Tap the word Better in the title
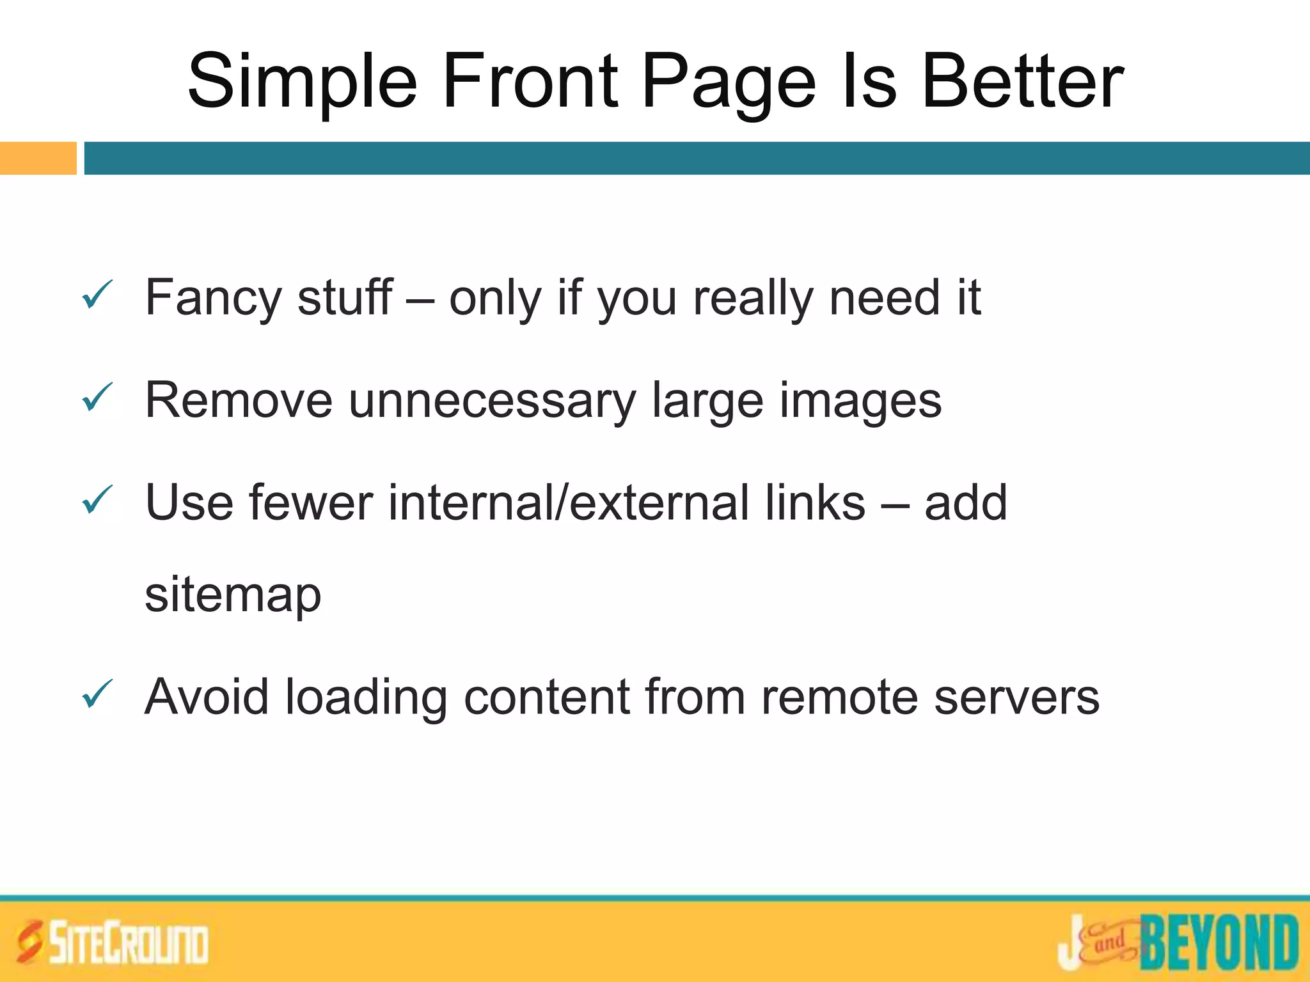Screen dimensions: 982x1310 (1022, 82)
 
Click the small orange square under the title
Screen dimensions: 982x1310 (38, 158)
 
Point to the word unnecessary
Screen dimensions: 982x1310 (492, 401)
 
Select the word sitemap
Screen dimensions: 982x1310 (233, 595)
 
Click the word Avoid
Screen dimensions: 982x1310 (207, 696)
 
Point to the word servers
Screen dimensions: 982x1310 (1016, 698)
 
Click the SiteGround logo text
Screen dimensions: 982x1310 (129, 943)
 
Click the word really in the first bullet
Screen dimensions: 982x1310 (753, 299)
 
